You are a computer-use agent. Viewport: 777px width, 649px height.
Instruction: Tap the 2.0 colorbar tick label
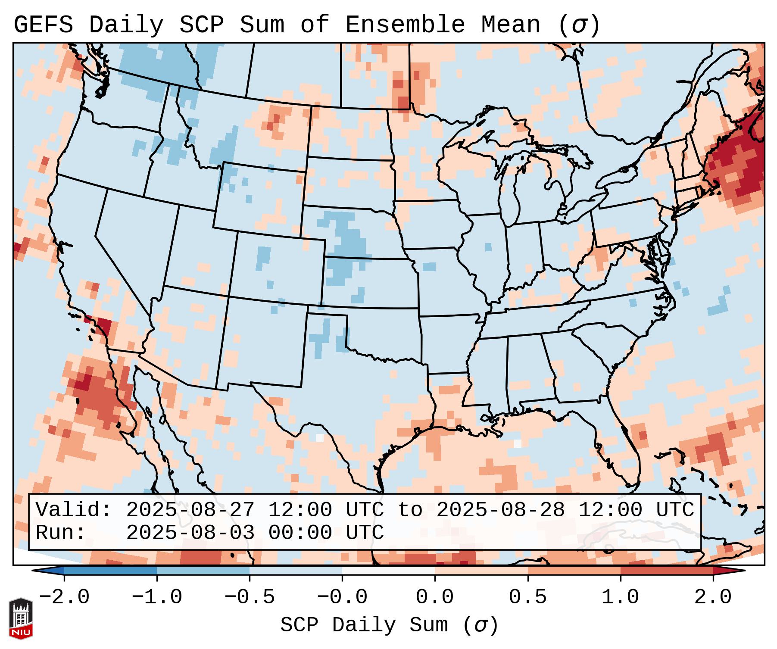713,597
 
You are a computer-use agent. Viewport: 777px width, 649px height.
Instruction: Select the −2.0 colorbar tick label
64,597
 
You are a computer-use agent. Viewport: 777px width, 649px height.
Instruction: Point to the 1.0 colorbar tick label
620,597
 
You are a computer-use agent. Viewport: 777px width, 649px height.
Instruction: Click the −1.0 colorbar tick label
157,597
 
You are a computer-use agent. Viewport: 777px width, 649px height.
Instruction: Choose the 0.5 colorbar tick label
527,597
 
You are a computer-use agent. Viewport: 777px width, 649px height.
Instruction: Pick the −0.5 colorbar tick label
250,597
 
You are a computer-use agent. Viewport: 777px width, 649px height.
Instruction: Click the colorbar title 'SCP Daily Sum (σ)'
389,625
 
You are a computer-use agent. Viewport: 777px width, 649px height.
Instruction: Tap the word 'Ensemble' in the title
405,25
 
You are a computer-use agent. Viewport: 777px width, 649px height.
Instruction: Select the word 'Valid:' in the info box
74,510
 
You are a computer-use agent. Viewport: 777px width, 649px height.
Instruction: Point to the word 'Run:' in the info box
61,533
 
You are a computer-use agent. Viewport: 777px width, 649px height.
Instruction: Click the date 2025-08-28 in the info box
500,510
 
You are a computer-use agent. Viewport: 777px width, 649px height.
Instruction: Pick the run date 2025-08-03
190,533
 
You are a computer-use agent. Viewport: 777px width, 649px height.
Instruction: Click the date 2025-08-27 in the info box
190,510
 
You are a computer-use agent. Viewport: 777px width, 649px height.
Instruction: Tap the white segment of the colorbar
388,571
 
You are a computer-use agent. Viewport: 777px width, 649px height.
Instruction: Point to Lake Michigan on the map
512,190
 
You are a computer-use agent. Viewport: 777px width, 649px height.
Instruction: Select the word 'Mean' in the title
510,25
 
